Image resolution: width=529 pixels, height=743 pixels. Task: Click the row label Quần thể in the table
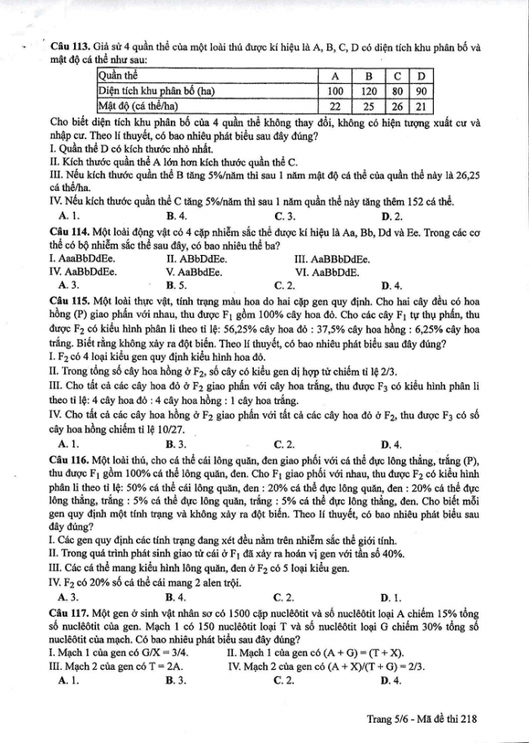(x=120, y=76)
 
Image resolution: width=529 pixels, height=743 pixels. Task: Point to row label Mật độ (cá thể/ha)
(x=138, y=105)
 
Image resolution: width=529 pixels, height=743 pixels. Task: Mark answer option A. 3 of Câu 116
(x=69, y=596)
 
